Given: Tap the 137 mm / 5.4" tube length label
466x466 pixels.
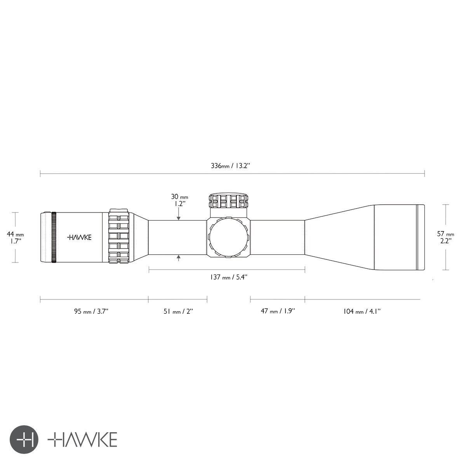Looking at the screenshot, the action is [228, 277].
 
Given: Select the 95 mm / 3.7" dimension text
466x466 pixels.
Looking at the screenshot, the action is [91, 311].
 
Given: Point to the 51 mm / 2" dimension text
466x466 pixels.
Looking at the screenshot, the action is [178, 311].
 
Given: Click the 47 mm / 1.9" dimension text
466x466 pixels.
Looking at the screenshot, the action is [278, 311].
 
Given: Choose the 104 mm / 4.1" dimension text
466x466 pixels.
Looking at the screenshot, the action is [362, 311].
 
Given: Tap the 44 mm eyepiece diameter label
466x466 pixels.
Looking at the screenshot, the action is [15, 234].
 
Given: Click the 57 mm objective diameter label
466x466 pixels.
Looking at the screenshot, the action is [445, 234].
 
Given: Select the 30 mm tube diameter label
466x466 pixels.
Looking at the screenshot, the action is [179, 196].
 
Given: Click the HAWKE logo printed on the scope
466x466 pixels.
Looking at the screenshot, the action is [79, 237].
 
